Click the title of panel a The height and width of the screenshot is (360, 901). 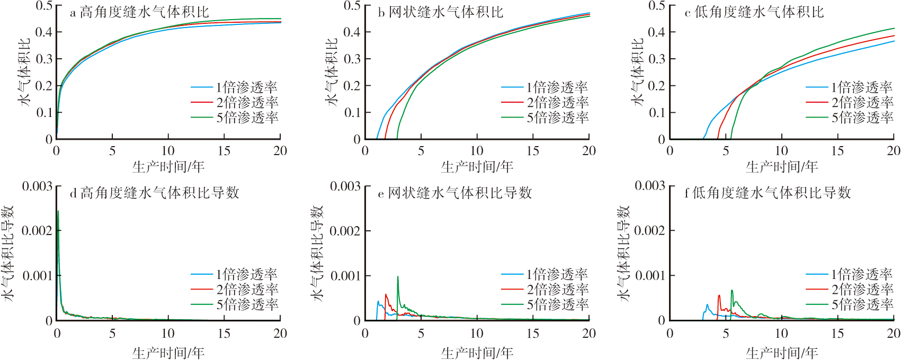click(139, 12)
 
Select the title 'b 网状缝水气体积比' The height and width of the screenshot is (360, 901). click(440, 12)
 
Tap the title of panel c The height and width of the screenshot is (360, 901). click(754, 12)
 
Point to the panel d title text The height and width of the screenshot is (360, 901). click(154, 193)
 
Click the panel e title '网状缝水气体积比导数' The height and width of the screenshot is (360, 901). click(454, 193)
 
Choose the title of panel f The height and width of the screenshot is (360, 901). click(768, 193)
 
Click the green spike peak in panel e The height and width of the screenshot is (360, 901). click(398, 277)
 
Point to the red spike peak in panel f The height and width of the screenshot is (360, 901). click(719, 295)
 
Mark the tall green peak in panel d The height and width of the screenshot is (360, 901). click(58, 211)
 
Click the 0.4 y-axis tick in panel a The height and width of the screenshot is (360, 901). click(44, 32)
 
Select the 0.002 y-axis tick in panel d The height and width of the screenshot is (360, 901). click(37, 231)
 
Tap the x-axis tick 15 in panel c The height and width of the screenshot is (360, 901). click(837, 151)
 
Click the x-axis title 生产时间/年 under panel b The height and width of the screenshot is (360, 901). click(477, 167)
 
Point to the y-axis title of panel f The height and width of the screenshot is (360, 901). click(625, 253)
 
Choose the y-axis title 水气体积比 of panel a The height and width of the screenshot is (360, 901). click(25, 71)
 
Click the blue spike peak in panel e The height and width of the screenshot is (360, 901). click(378, 302)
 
